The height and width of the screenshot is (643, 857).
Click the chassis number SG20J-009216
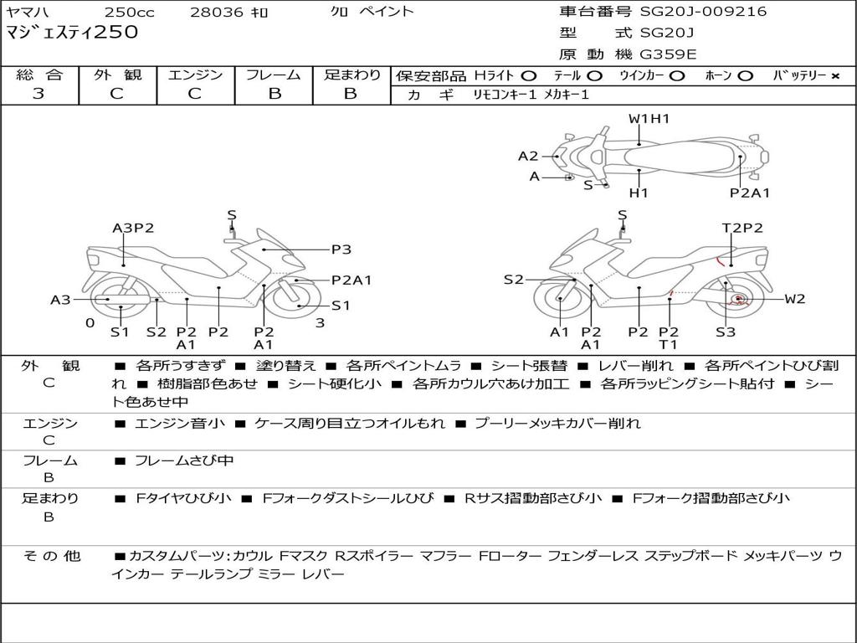703,12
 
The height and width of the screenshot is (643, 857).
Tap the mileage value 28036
217,12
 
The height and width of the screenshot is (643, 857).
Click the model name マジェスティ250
72,33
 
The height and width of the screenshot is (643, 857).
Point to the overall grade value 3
38,94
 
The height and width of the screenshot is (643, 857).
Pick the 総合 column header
38,75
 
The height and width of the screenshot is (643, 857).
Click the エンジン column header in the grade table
195,75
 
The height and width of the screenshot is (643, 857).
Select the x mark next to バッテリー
834,75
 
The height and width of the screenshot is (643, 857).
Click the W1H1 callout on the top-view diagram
649,119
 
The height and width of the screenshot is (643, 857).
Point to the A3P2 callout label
133,228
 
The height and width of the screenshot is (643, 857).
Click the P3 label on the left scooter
341,249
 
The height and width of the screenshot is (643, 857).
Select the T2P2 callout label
742,228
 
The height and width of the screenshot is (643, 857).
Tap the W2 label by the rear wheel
794,299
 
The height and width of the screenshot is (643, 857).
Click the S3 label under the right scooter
725,332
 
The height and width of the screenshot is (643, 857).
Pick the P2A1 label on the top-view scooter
749,193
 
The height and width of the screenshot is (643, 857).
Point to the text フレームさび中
184,460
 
